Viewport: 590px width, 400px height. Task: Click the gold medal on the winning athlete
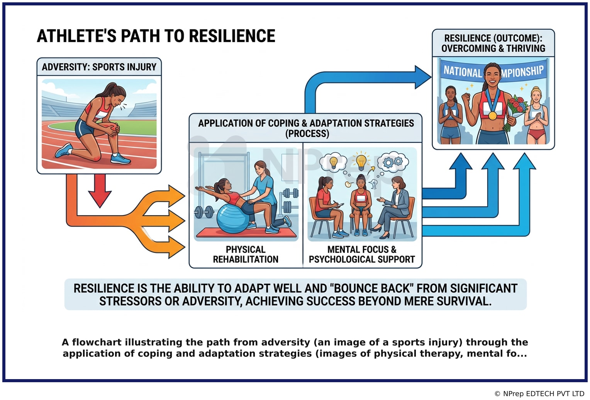(x=492, y=116)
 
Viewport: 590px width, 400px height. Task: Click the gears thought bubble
(x=393, y=161)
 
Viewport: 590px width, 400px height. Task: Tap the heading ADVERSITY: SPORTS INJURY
(x=99, y=67)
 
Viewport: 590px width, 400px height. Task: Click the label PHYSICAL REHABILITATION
(x=246, y=255)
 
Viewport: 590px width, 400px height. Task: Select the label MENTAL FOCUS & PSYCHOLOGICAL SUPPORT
(x=362, y=255)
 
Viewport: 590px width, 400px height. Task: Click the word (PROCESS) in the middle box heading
(x=307, y=133)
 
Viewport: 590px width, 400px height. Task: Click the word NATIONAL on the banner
(x=463, y=72)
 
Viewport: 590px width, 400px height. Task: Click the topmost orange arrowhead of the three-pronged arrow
(x=176, y=196)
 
